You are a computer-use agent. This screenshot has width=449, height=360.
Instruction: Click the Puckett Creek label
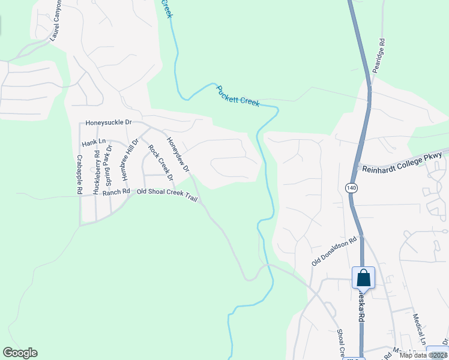tap(238, 95)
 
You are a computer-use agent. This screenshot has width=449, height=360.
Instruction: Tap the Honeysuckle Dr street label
tap(108, 122)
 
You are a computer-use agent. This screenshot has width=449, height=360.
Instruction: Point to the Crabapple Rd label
tap(79, 175)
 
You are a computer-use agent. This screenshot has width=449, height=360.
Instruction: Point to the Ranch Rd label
tap(116, 193)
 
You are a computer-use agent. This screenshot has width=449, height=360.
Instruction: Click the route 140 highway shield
tap(351, 188)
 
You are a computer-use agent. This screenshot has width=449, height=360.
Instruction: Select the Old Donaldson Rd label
tap(334, 251)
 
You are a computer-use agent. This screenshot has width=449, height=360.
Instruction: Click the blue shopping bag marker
tap(363, 278)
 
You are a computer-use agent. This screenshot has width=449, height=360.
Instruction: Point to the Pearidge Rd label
tap(378, 55)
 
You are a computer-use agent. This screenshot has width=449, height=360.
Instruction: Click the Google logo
tap(20, 353)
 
